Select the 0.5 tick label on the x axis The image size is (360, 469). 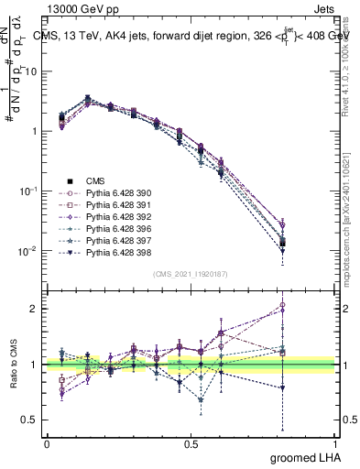point(191,442)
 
